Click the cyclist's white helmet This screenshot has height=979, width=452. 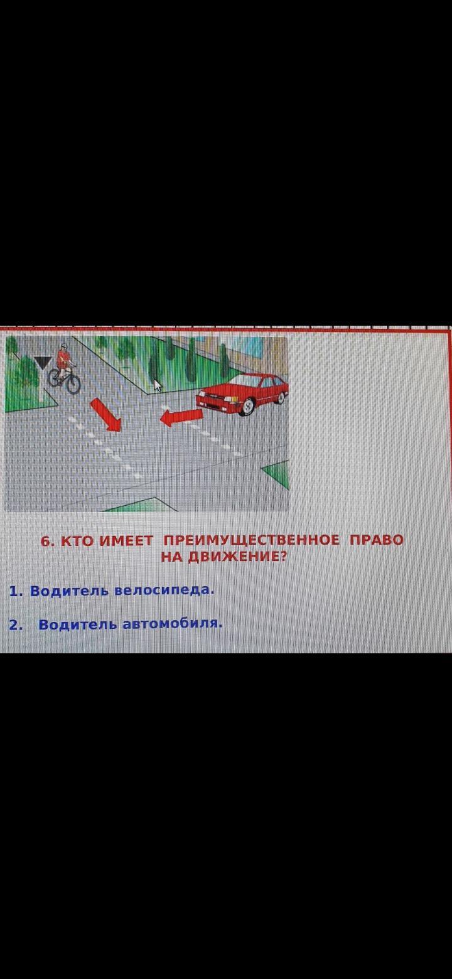coord(64,346)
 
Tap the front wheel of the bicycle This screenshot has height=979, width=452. coord(73,383)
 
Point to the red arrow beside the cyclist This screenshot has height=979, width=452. coord(105,415)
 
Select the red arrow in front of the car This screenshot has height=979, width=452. coord(181,417)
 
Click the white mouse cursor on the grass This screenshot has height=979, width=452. coord(158,385)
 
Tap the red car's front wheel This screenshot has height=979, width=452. coord(247,407)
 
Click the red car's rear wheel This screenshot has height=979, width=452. coord(281,397)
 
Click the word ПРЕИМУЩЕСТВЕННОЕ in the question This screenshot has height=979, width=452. coord(251,540)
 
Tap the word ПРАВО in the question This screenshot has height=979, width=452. coord(376,540)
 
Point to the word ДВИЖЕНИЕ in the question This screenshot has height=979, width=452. coord(237,557)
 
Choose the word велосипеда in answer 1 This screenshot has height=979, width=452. coord(164,591)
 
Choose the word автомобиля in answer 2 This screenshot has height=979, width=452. coord(173,624)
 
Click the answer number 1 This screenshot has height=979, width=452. coord(15,591)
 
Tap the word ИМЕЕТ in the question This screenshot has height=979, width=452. coord(126,541)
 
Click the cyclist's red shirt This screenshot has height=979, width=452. coord(63,358)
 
